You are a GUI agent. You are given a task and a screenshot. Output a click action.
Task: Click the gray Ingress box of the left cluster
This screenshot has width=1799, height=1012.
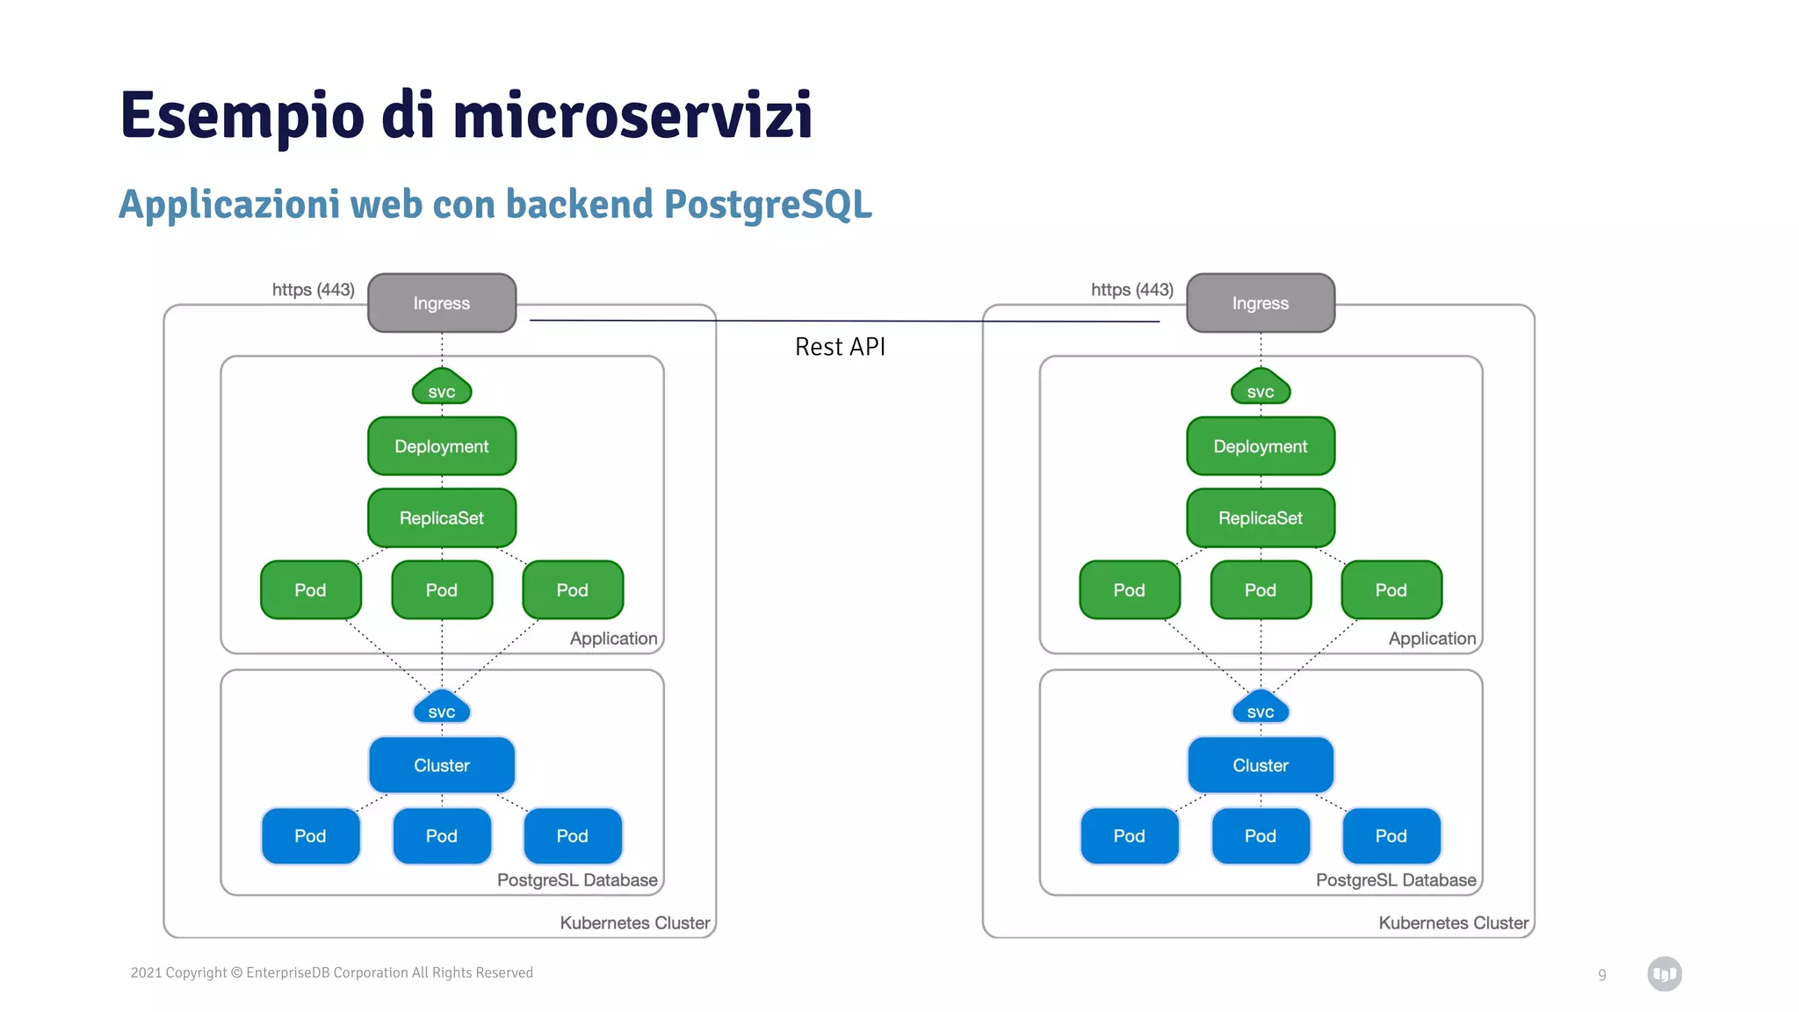pos(441,303)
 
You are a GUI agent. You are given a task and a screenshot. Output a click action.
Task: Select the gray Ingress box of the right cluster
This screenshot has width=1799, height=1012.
pos(1260,303)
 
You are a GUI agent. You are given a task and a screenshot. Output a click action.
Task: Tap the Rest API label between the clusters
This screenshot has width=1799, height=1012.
pos(840,347)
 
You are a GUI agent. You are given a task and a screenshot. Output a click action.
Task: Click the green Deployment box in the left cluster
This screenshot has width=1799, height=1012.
pos(441,446)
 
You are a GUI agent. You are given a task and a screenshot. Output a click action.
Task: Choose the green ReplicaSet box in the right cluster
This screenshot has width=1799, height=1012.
pos(1260,518)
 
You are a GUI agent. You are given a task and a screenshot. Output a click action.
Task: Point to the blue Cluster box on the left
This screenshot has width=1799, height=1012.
pos(441,765)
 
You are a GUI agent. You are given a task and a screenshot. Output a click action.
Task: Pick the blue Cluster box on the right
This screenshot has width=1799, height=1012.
pos(1260,765)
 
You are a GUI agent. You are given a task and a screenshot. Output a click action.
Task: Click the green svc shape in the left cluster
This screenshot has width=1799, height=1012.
pos(441,389)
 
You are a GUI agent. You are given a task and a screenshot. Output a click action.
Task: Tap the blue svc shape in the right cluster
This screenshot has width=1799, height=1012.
pos(1260,710)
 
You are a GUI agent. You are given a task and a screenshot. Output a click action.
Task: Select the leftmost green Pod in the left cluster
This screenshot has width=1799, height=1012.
pos(310,590)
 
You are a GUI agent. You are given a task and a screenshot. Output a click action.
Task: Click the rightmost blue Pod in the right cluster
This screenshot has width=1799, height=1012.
pos(1391,836)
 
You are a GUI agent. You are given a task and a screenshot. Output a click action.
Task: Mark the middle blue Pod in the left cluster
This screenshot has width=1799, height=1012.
pos(441,836)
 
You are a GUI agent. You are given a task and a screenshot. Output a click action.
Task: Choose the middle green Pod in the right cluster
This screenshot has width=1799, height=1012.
pos(1260,590)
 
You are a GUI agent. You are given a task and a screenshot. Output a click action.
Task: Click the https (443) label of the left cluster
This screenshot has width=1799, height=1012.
pos(313,290)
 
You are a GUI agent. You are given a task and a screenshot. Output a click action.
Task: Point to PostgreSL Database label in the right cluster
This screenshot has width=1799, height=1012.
pos(1395,880)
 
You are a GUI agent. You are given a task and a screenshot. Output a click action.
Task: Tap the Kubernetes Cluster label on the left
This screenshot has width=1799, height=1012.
pos(634,923)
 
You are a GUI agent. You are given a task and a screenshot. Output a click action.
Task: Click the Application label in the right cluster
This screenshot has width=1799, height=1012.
pos(1432,639)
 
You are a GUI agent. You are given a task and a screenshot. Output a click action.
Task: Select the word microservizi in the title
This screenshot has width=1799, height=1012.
pos(632,116)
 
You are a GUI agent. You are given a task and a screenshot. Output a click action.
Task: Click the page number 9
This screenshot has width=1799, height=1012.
pos(1601,975)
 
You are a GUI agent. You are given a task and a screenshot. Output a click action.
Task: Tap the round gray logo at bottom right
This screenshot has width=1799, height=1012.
pos(1664,973)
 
